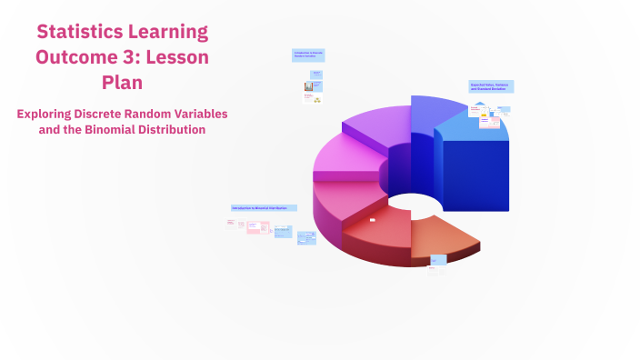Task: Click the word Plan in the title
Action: pos(122,83)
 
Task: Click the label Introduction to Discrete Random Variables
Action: pos(308,55)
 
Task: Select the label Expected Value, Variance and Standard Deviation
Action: pos(491,87)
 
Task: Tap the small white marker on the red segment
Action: pos(373,220)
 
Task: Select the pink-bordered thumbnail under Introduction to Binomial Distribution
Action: pos(252,226)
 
